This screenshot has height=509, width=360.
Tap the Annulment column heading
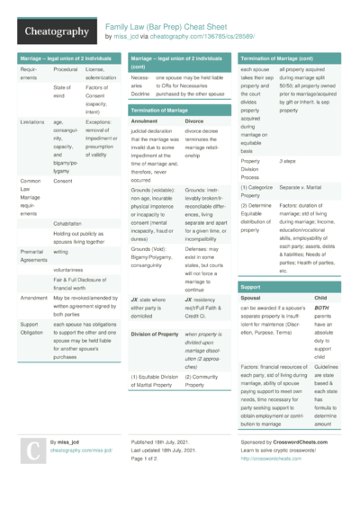coord(144,121)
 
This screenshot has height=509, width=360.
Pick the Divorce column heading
coord(194,121)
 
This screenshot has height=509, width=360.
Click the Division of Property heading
coord(155,334)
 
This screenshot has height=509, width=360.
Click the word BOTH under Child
coord(320,308)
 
